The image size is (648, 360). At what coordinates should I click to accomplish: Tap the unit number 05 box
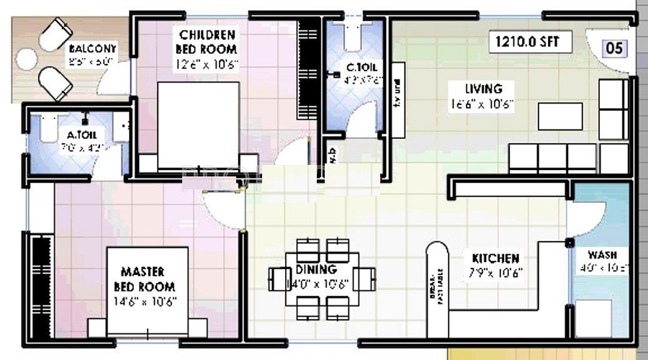614,49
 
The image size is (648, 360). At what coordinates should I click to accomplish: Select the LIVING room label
483,89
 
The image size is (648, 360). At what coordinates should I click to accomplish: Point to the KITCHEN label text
495,258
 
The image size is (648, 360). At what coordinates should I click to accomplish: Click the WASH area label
601,255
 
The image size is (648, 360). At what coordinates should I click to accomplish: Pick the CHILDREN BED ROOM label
207,42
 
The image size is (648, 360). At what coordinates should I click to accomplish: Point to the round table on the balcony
27,60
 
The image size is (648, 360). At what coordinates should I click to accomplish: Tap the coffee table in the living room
560,116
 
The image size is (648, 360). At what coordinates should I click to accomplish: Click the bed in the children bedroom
198,126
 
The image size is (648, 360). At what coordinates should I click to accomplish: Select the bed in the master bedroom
148,292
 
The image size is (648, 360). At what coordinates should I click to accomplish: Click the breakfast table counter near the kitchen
436,288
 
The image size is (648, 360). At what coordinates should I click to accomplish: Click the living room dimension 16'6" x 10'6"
482,103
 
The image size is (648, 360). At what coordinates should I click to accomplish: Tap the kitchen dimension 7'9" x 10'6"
495,273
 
